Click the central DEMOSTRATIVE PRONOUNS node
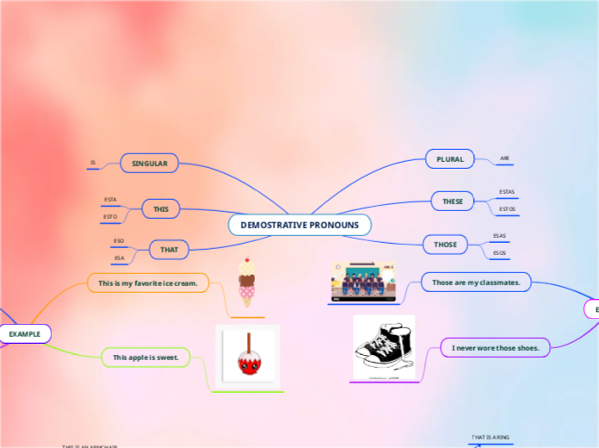pos(299,225)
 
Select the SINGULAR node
pos(149,163)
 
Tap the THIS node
pos(161,208)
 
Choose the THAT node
pos(169,250)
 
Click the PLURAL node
pos(450,159)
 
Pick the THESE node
pos(453,201)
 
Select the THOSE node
pos(445,245)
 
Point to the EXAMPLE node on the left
pos(25,333)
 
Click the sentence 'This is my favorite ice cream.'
pos(148,283)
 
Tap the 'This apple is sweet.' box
pos(145,357)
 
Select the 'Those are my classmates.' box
pos(476,282)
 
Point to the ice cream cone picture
pos(248,282)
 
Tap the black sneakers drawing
pos(384,347)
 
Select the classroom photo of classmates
pos(362,282)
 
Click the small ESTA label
pos(110,200)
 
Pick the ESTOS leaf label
pos(507,208)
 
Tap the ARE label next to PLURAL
pos(505,159)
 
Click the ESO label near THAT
pos(119,241)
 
